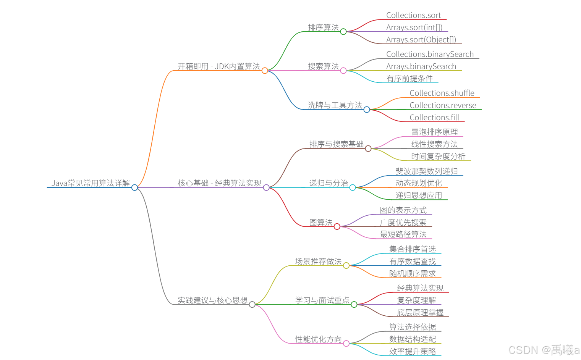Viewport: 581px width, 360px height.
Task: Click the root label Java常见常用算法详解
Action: point(91,183)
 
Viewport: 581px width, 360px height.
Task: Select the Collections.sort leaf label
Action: point(413,15)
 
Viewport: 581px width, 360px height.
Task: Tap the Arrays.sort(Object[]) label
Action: point(421,40)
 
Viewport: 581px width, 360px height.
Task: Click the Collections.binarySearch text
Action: point(430,54)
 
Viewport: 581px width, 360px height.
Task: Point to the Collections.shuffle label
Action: point(442,93)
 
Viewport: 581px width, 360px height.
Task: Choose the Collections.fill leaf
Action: point(434,118)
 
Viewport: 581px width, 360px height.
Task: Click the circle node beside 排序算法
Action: point(343,32)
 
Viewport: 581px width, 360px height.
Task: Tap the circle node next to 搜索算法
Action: point(343,71)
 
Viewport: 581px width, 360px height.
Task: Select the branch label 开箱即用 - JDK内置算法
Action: point(218,66)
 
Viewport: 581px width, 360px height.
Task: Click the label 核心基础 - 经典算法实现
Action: point(219,183)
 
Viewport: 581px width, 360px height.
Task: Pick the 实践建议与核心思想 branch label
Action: point(212,300)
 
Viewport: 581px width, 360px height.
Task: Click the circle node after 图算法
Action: point(337,227)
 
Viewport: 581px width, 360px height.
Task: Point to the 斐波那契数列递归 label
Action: point(427,171)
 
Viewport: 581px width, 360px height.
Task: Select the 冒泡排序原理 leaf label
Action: point(434,132)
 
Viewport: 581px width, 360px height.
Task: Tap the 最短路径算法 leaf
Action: point(403,234)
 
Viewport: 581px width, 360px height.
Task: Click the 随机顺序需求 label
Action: point(413,274)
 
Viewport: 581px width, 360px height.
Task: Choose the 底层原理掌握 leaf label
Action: point(420,313)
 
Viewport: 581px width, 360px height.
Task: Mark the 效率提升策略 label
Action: point(413,352)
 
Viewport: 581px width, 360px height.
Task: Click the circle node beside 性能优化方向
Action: point(346,344)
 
